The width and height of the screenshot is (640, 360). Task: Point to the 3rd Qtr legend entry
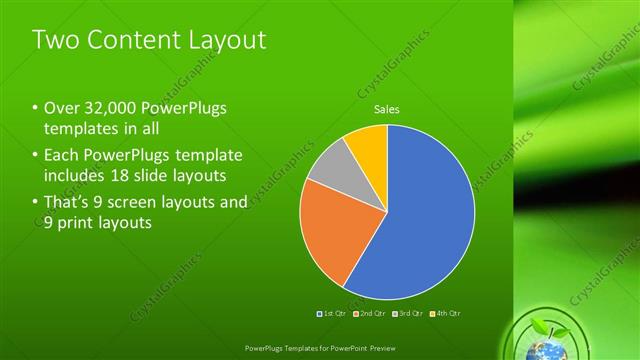(x=407, y=314)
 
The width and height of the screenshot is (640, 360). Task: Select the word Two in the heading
(x=54, y=40)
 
